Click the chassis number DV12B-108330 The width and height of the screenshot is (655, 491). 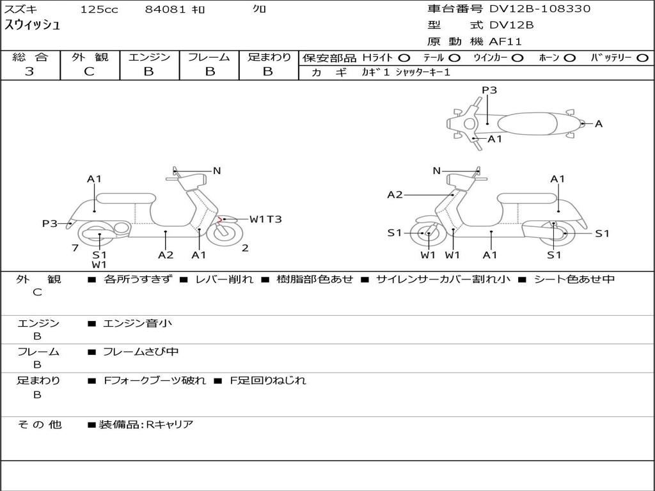click(x=540, y=9)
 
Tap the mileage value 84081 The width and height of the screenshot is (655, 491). click(x=165, y=9)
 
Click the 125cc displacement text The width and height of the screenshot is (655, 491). click(x=99, y=9)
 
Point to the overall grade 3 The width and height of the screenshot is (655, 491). click(x=29, y=72)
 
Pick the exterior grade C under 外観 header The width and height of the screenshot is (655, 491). click(x=90, y=72)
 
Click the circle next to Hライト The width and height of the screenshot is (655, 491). click(x=404, y=58)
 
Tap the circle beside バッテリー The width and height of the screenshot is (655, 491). click(x=642, y=58)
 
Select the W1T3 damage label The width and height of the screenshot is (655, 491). click(x=265, y=219)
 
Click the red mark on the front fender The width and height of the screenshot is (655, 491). click(x=220, y=219)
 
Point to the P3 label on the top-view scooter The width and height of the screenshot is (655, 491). click(x=489, y=90)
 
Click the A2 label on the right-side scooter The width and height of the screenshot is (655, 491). click(x=395, y=194)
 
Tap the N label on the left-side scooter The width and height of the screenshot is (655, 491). click(x=217, y=171)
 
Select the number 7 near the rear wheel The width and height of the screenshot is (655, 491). click(x=75, y=248)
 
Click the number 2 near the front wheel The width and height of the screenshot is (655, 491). click(x=245, y=248)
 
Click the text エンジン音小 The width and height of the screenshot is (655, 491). click(x=138, y=323)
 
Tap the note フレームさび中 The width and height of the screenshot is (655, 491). click(x=141, y=352)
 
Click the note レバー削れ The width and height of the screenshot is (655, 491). click(x=225, y=279)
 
